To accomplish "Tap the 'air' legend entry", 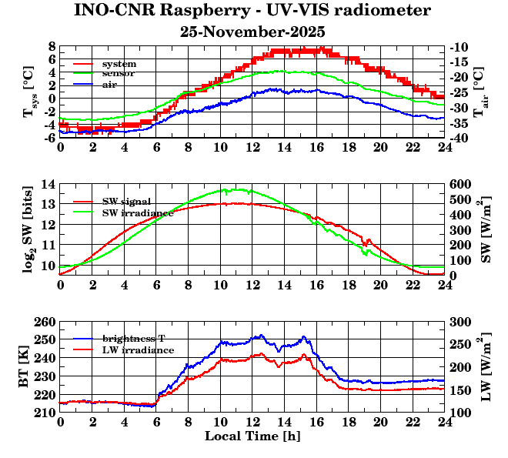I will (109, 84).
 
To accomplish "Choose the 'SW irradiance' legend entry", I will (137, 212).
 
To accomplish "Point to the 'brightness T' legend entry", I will (135, 339).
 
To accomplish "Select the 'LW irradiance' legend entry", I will (138, 349).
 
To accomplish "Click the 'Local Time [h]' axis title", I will (252, 436).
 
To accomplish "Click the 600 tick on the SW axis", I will (460, 184).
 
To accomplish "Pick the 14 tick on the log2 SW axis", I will (48, 184).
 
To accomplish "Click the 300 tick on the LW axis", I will (460, 321).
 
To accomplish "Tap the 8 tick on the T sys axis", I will (52, 46).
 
